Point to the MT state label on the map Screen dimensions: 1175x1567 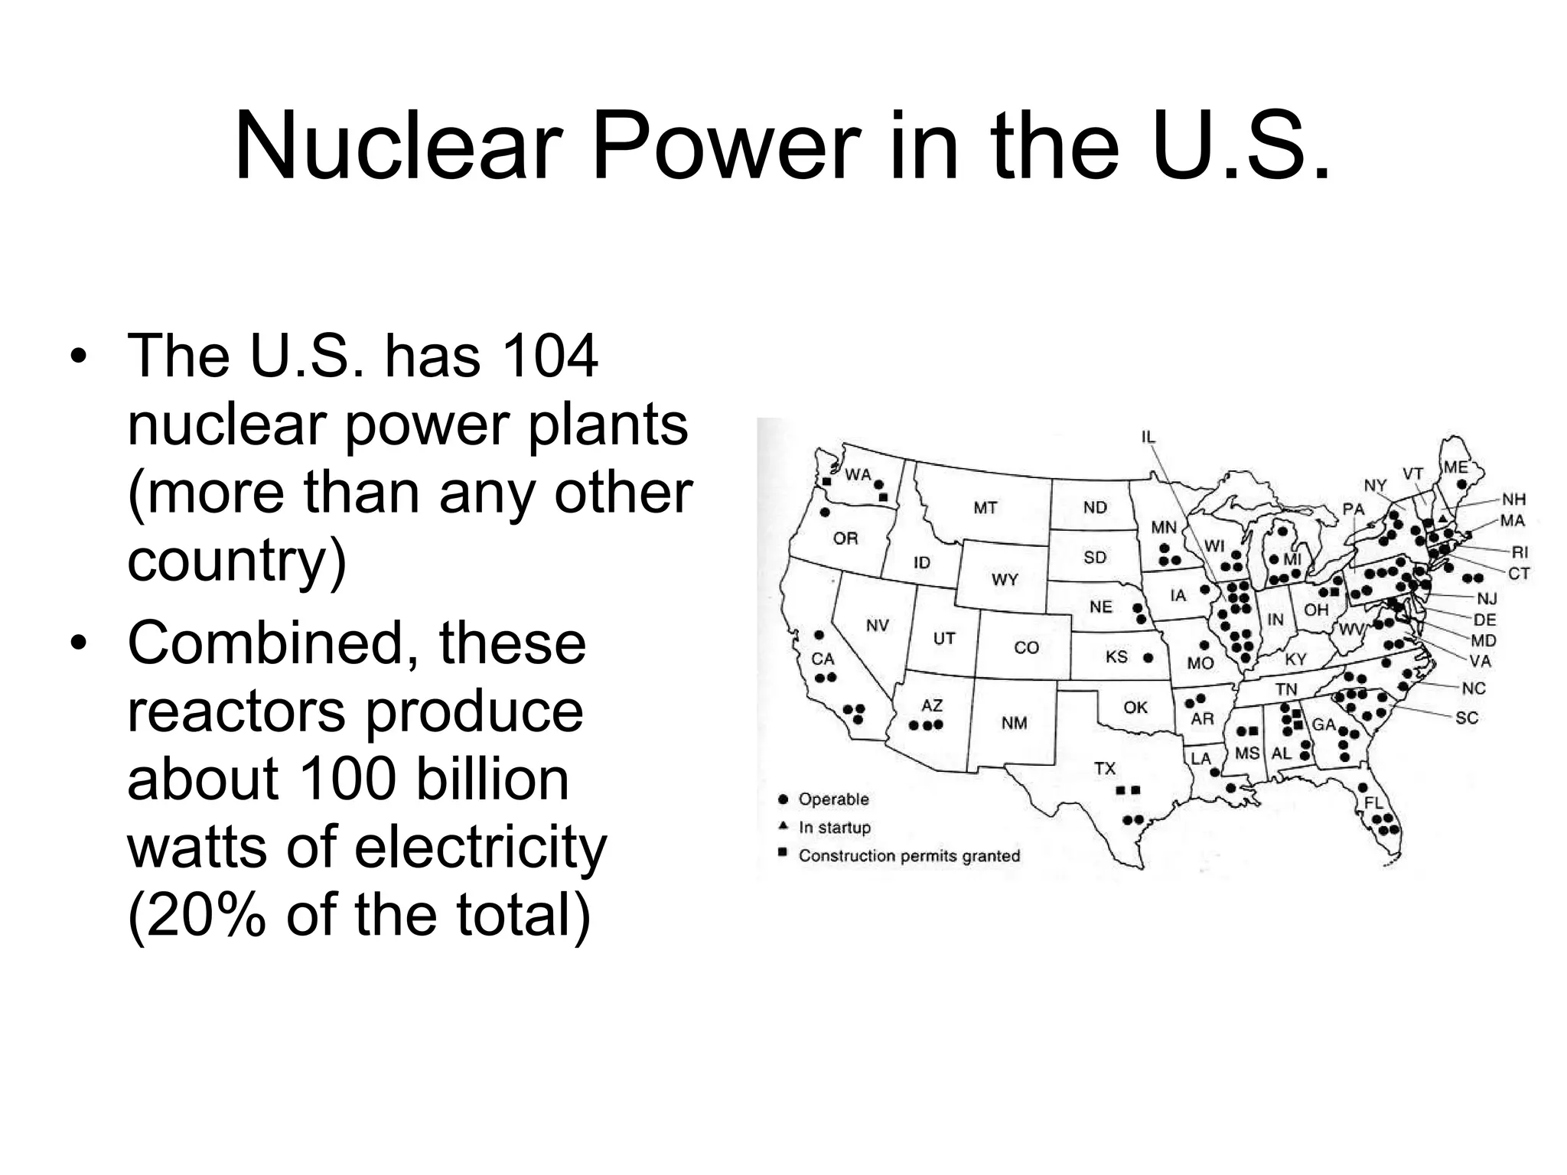tap(985, 508)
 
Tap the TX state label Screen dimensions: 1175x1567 tap(1104, 768)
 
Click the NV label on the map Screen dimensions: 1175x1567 tap(877, 626)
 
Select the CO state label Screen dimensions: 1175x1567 tap(1026, 648)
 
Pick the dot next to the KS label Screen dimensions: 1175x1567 tap(1148, 657)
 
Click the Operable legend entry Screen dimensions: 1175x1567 tap(833, 799)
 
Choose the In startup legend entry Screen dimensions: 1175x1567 tap(834, 828)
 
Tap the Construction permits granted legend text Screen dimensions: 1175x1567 tap(909, 856)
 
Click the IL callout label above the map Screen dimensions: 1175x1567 tap(1148, 437)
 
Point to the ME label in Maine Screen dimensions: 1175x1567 tap(1455, 467)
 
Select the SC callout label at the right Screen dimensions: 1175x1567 tap(1467, 718)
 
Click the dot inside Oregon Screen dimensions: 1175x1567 tap(825, 512)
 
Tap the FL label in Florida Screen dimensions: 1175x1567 tap(1374, 802)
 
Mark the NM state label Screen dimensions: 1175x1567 tap(1014, 723)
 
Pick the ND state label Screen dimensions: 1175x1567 tap(1095, 507)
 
